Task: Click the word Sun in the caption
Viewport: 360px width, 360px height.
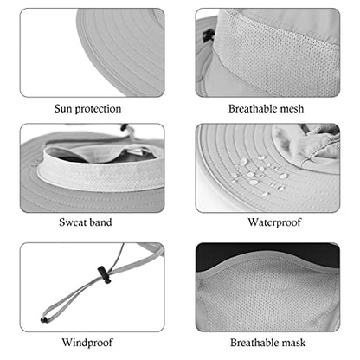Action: tap(63, 108)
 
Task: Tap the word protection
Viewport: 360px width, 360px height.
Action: tap(98, 109)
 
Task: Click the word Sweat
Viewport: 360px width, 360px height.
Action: tap(71, 222)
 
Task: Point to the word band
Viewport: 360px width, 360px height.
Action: tap(99, 222)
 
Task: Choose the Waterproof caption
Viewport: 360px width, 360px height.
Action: tap(274, 222)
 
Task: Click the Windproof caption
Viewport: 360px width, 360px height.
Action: tap(87, 343)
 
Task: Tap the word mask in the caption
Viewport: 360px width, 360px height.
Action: tap(293, 343)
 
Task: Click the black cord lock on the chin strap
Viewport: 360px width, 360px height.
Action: tap(104, 274)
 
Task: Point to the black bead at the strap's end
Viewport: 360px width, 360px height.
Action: tap(44, 319)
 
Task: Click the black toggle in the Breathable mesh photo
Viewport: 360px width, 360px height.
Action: tap(209, 35)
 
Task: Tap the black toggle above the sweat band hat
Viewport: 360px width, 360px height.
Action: tap(124, 127)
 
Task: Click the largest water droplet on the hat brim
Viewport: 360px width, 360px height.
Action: tap(254, 183)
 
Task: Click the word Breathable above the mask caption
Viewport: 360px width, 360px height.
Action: tap(254, 343)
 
